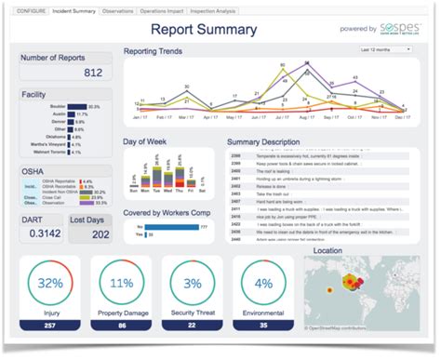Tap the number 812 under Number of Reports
click(92, 73)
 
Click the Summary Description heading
click(271, 142)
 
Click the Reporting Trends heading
click(153, 51)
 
